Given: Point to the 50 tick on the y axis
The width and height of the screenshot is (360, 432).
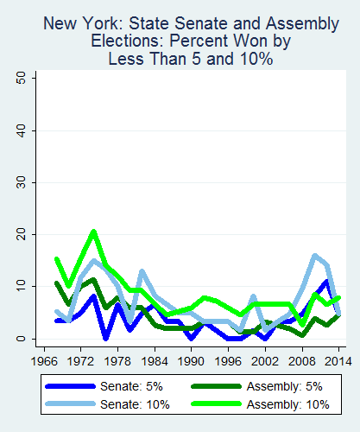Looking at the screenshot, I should (31, 78).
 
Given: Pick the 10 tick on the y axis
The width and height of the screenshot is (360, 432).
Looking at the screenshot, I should (31, 287).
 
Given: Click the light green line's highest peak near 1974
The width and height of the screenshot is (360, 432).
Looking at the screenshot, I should (93, 232).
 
